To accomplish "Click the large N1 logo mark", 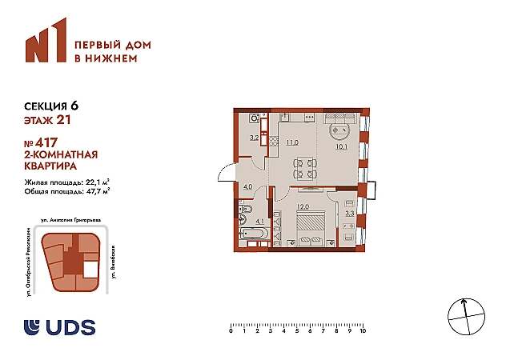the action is click(46, 40).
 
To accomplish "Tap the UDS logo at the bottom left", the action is click(60, 327).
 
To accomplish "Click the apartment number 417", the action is click(46, 142).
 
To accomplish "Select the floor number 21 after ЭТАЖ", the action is click(63, 120).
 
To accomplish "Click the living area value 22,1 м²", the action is click(97, 182).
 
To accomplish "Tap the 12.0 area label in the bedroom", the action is click(303, 206).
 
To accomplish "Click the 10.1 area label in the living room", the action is click(342, 146).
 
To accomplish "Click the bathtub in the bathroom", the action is click(254, 234).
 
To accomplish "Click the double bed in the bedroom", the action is click(310, 227).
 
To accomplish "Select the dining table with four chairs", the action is click(305, 169).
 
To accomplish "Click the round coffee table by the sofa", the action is click(340, 131).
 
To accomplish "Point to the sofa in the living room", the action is click(340, 118).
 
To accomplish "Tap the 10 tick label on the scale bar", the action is click(363, 331).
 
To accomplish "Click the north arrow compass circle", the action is click(467, 316).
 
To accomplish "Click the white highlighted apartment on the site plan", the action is click(90, 270).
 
